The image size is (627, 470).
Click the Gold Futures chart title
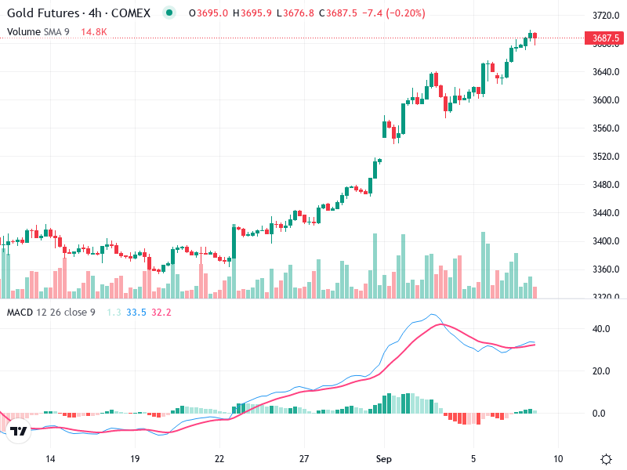pos(78,13)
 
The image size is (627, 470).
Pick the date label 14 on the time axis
pos(50,458)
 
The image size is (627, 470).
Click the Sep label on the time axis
pos(383,458)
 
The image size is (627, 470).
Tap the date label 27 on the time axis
pos(305,458)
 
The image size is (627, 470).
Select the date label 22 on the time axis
pos(220,458)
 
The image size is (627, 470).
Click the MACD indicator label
pos(21,313)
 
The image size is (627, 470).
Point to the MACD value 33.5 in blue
pos(136,313)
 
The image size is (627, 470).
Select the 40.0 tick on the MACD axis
pos(601,329)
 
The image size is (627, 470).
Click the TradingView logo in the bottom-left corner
pos(19,431)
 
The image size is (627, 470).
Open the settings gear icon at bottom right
pos(606,459)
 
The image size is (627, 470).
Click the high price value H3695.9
pos(252,13)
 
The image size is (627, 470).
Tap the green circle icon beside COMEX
pos(169,13)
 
